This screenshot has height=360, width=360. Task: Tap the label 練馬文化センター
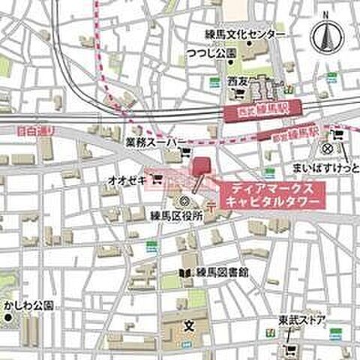point(245,35)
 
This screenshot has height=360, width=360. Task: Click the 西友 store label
point(238,79)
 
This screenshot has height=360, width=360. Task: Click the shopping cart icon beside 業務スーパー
point(186,155)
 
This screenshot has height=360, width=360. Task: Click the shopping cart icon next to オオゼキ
point(157,179)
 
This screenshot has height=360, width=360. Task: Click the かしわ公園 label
point(28,306)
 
